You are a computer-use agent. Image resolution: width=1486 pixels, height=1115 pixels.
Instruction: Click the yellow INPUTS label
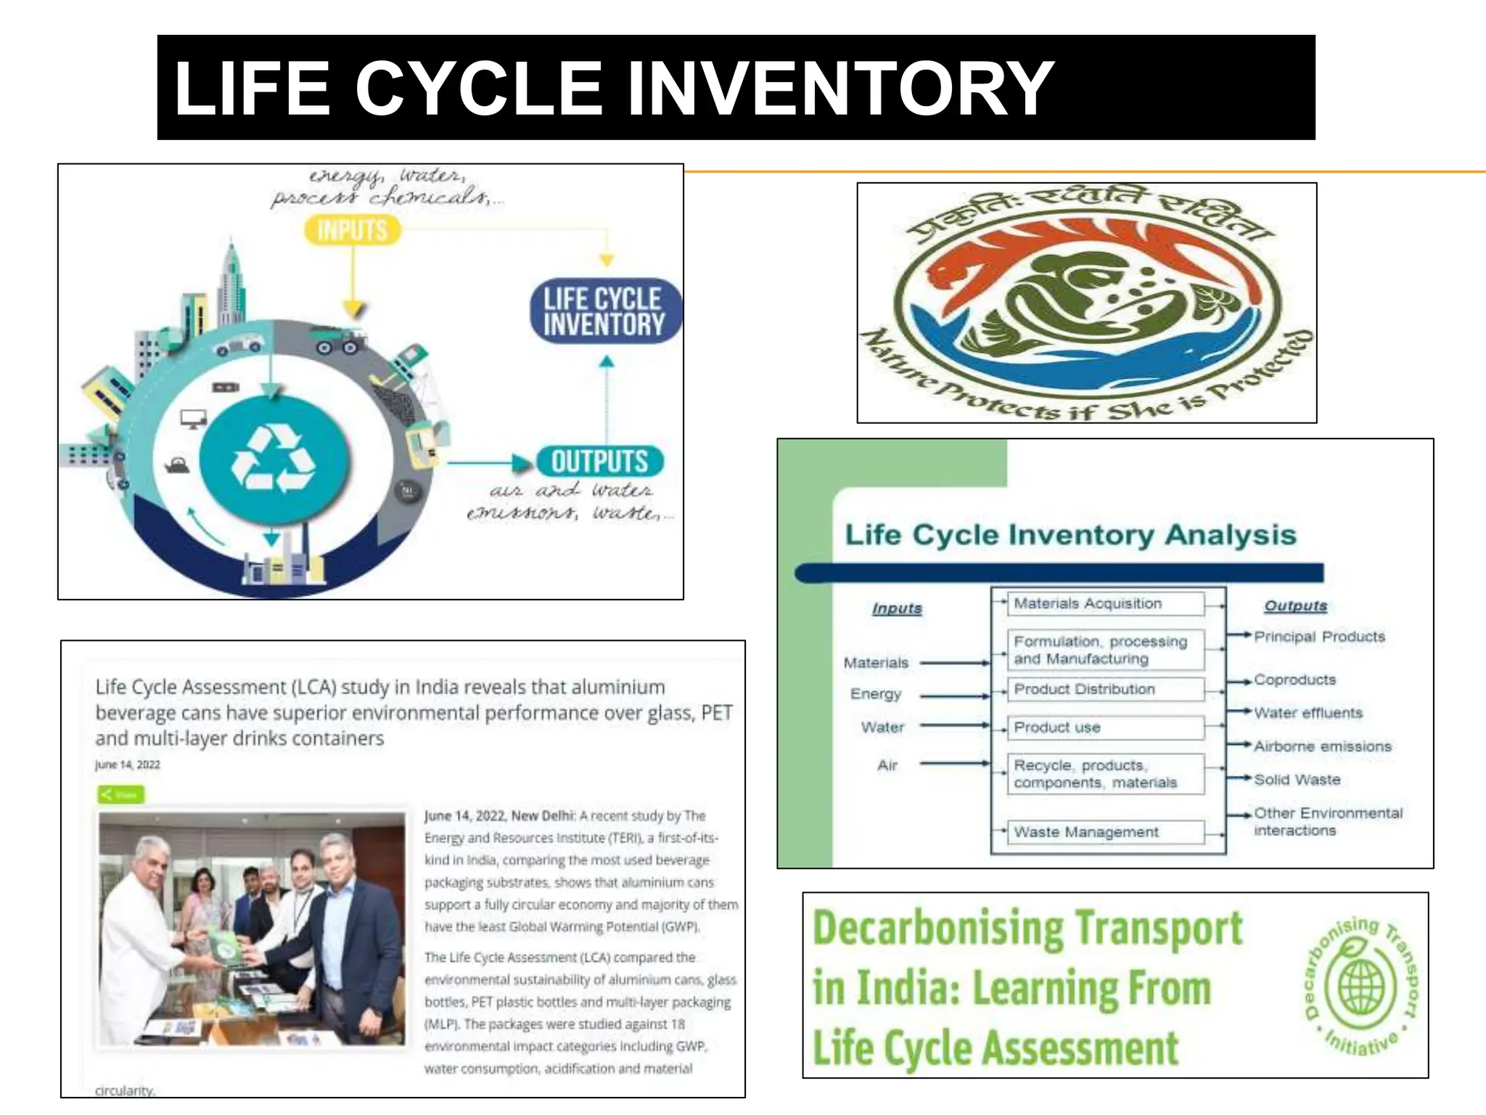point(352,231)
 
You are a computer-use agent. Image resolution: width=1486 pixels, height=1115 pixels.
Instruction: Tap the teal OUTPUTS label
point(599,462)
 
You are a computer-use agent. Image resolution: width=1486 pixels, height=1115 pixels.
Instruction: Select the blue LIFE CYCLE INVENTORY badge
point(604,311)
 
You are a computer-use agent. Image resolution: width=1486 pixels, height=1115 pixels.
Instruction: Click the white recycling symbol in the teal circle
point(273,459)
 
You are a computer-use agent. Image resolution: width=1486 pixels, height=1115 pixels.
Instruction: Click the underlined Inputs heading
point(897,608)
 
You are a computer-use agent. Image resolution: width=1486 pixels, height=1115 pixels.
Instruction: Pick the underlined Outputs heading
point(1295,605)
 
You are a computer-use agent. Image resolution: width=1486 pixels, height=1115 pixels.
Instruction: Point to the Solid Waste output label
point(1297,780)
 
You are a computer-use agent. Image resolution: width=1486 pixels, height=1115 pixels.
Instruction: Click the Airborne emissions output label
point(1323,746)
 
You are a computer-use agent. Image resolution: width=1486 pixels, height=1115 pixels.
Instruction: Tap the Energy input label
point(876,694)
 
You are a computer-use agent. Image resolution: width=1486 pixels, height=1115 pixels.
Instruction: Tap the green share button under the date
point(120,794)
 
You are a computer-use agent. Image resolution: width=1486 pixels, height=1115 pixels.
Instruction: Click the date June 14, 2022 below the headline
point(128,764)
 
